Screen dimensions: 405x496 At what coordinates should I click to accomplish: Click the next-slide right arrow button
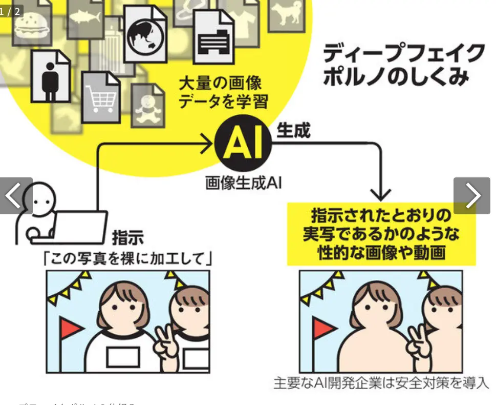tap(472, 195)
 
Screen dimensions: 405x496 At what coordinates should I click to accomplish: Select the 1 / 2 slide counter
tap(11, 11)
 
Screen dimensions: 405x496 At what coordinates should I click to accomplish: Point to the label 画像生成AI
tap(244, 183)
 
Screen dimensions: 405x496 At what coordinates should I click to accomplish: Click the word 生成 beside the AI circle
tap(293, 131)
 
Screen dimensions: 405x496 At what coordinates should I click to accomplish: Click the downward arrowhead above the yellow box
tap(381, 195)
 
